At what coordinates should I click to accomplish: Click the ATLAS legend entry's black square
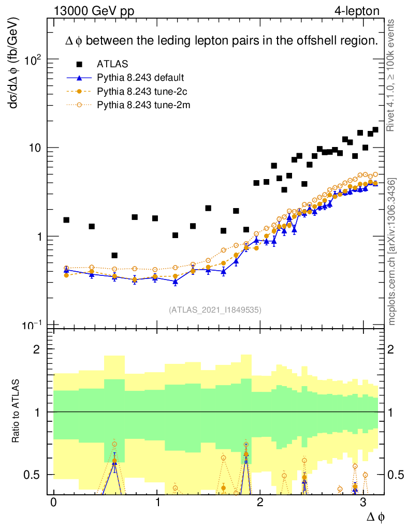[x=79, y=64]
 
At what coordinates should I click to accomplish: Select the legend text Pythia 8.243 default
[x=140, y=78]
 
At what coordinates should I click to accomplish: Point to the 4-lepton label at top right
[x=357, y=11]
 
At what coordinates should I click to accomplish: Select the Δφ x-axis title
[x=375, y=517]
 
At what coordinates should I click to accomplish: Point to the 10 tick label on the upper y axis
[x=34, y=148]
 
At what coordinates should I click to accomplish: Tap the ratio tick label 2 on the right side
[x=393, y=349]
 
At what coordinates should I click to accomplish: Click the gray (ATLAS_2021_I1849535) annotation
[x=215, y=310]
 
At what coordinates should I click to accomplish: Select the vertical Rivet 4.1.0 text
[x=392, y=75]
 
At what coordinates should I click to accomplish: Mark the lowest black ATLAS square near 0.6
[x=114, y=255]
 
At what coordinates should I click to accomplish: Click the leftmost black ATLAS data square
[x=66, y=220]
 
